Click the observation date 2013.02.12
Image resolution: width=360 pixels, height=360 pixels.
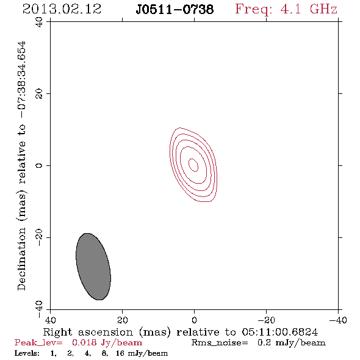[x=62, y=9]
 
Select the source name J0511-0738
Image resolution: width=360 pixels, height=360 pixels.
[x=175, y=9]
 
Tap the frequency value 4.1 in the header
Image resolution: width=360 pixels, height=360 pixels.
[x=290, y=9]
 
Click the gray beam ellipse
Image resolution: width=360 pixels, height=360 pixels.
[x=93, y=267]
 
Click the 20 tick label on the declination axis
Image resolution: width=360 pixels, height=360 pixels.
[x=39, y=94]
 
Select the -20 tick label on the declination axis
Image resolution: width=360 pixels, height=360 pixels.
[x=39, y=237]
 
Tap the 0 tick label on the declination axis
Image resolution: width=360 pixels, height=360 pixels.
[x=39, y=165]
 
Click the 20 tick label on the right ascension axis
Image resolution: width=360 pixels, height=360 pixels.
[x=122, y=320]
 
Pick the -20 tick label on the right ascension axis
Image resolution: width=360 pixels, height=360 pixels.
[x=266, y=320]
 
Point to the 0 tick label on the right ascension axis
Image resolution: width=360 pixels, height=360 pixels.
[x=194, y=320]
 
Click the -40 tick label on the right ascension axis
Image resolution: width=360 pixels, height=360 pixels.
[x=338, y=320]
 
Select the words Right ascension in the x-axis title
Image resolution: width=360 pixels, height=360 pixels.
[x=88, y=332]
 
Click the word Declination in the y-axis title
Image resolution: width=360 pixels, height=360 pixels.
[x=21, y=259]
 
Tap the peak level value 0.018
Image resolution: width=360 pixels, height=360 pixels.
[x=84, y=342]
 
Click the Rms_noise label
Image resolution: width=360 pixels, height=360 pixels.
[x=220, y=343]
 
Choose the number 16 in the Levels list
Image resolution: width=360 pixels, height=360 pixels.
[x=120, y=353]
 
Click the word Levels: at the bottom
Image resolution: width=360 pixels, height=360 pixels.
[x=27, y=353]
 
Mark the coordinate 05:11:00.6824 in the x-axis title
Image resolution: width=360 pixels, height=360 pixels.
[x=280, y=332]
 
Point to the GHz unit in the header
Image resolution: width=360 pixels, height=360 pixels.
[x=323, y=9]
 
